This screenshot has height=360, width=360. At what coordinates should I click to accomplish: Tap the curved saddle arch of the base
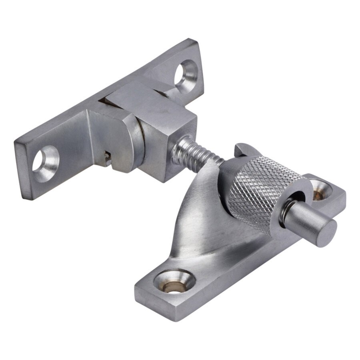tap(200, 216)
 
